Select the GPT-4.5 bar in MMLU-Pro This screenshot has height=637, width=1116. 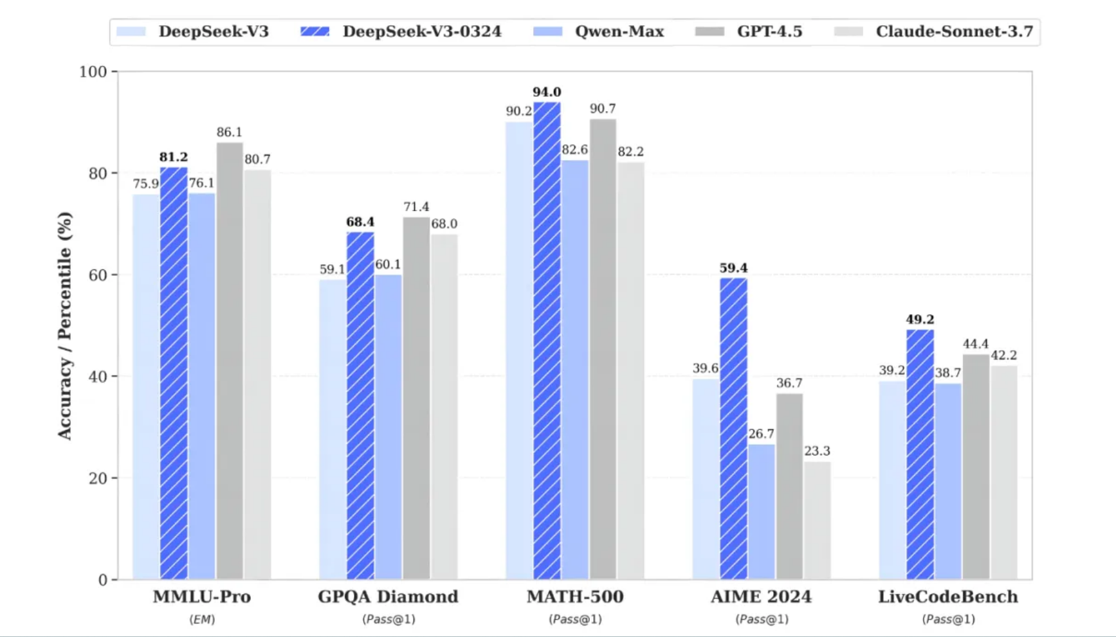point(230,361)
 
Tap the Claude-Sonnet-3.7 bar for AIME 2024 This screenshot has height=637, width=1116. point(817,521)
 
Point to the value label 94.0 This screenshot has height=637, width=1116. point(547,93)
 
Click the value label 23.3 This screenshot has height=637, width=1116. point(817,451)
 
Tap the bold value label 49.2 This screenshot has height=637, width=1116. point(920,319)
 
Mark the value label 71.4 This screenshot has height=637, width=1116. point(416,207)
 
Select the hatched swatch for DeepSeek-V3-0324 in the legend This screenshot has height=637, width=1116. point(315,31)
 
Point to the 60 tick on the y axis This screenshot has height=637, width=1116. point(98,275)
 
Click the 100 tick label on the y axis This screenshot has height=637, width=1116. point(93,72)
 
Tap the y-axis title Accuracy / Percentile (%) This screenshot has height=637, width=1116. point(64,325)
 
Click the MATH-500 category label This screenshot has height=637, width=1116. point(575,597)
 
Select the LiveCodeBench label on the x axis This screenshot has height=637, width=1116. point(948,597)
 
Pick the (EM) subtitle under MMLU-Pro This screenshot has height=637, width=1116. point(202,620)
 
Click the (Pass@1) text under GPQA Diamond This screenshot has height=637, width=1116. point(389,620)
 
